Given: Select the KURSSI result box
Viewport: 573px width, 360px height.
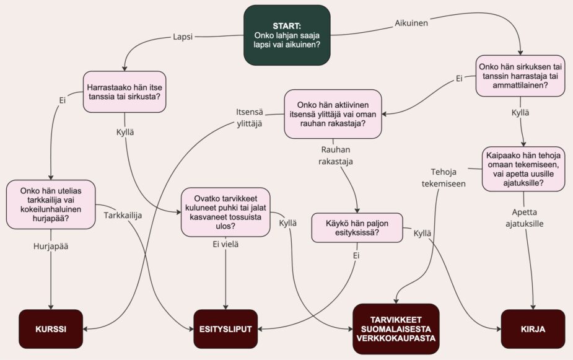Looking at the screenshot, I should [51, 328].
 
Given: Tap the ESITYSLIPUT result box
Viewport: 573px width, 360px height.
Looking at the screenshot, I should [225, 328].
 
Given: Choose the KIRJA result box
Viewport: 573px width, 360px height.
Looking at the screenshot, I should [533, 328].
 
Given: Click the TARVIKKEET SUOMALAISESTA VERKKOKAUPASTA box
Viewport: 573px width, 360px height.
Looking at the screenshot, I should [396, 328].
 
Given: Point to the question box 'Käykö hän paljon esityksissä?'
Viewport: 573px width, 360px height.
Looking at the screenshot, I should [357, 227].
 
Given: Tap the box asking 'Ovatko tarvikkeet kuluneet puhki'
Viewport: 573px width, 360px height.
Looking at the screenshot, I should [225, 211].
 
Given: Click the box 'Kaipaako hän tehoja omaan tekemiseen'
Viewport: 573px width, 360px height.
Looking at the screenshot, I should [524, 169].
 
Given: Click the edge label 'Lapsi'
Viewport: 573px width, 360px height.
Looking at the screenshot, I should [183, 37].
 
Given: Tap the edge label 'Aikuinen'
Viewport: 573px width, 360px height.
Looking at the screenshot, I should [411, 23].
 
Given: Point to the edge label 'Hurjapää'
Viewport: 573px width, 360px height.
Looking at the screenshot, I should [50, 246].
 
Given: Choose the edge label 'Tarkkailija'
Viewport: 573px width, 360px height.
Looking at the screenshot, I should [123, 215].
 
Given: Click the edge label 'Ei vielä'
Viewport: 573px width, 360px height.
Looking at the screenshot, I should [225, 244].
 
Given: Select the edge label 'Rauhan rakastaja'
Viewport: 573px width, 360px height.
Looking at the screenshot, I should [335, 156].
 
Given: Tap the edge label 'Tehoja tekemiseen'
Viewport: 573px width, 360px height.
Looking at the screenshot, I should [444, 178].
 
